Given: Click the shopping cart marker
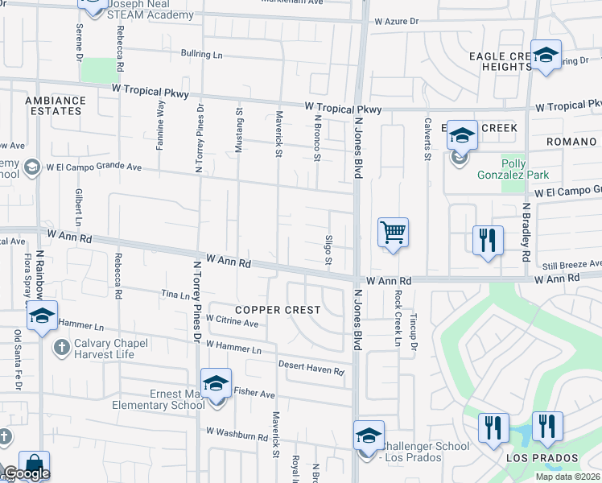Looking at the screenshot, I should coord(393,233).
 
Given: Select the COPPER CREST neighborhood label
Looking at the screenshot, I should coord(278,310).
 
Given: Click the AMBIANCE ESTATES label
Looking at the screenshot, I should coord(56,105).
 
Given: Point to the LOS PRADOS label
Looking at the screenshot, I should coord(531,458).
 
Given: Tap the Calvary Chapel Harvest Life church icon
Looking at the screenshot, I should coord(60,347).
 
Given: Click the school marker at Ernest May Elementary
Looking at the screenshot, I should coord(216,383).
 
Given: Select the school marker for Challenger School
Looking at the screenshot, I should coord(369,436).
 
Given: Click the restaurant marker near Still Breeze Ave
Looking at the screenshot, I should coord(489,240).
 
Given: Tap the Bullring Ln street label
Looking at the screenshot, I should coord(201,55).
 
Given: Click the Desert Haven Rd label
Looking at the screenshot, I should coord(311,369).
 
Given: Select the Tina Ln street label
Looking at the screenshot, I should coord(175,296).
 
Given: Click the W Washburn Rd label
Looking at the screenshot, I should coord(237,435).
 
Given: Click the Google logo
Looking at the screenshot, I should coord(27,474).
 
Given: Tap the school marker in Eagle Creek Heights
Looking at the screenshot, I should coord(546,56).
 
